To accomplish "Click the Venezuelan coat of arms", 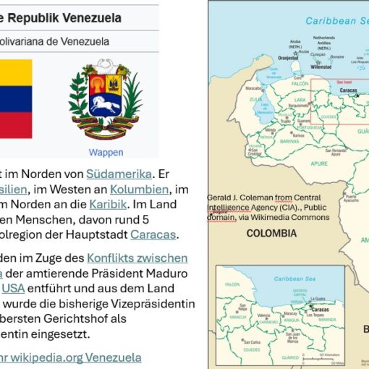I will coord(106,103).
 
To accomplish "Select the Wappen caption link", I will coord(106,153).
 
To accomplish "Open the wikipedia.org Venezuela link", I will coord(80,357).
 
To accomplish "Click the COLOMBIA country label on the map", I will coord(271,233).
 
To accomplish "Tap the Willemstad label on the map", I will coord(321,66).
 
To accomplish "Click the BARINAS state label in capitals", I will coord(268,143).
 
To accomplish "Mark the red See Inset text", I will coord(346,82).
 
